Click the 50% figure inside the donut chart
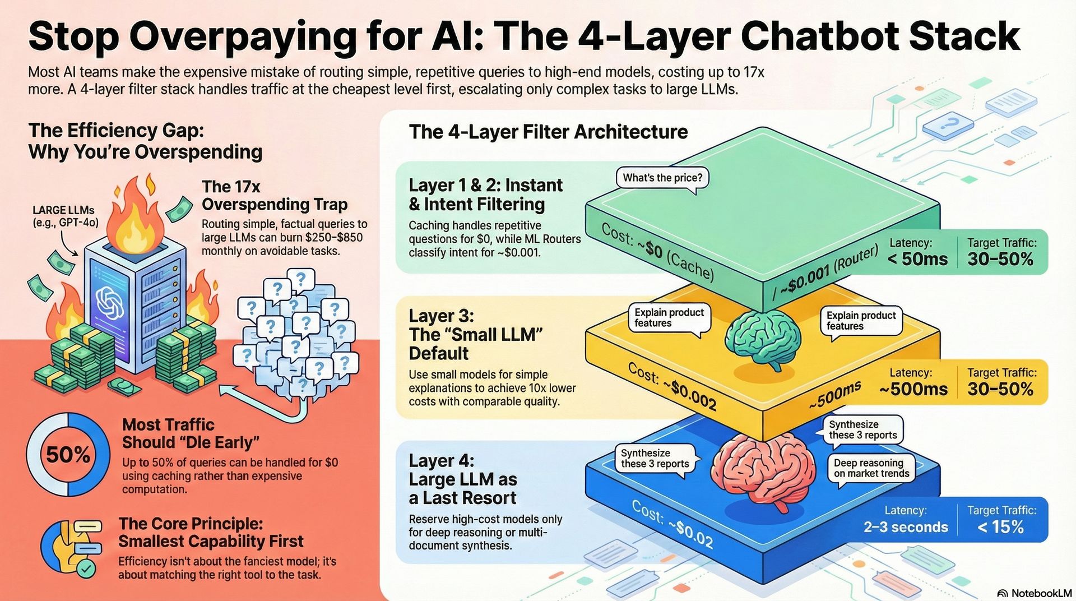click(x=68, y=454)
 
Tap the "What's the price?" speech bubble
click(x=662, y=178)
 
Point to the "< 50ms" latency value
click(x=917, y=259)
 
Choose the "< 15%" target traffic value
click(x=1001, y=527)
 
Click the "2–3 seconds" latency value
click(x=906, y=527)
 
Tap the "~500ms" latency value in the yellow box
click(x=913, y=389)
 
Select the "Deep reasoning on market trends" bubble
click(x=871, y=468)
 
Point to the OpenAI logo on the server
click(x=110, y=303)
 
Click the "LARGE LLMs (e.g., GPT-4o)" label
click(x=64, y=216)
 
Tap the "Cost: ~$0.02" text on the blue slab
click(x=672, y=524)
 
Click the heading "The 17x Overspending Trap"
click(x=274, y=195)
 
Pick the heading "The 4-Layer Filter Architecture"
click(x=548, y=132)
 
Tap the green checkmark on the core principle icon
click(x=86, y=569)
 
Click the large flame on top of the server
click(x=133, y=213)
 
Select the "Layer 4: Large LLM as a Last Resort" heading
click(x=462, y=479)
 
